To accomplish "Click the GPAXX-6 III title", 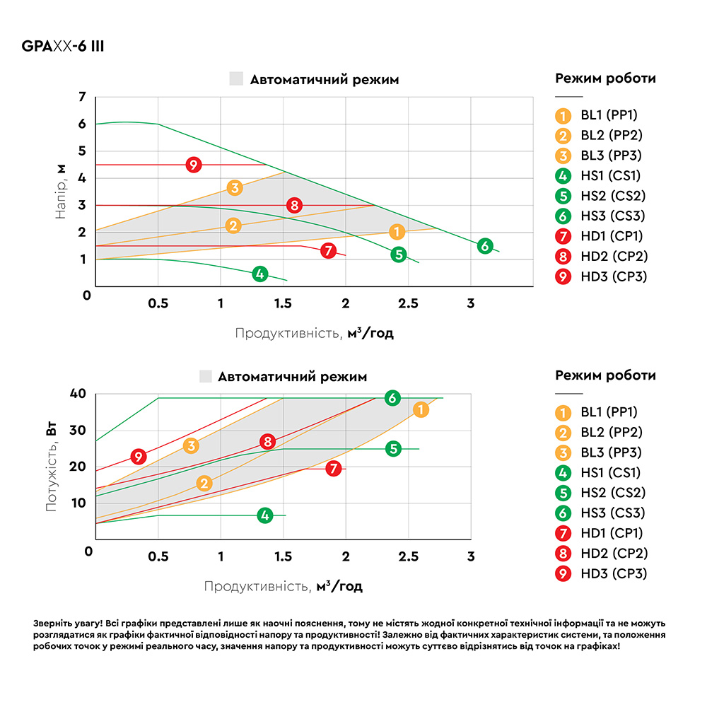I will pyautogui.click(x=64, y=47).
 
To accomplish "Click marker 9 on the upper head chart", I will pyautogui.click(x=194, y=165).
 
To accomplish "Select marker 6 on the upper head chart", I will pyautogui.click(x=484, y=246).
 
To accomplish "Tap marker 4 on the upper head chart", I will pyautogui.click(x=260, y=274).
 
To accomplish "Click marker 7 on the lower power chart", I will pyautogui.click(x=334, y=468).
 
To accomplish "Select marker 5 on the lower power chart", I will pyautogui.click(x=394, y=448).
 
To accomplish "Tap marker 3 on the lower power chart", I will pyautogui.click(x=191, y=446).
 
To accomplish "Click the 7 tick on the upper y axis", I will pyautogui.click(x=83, y=97).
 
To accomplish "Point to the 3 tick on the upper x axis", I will pyautogui.click(x=471, y=303).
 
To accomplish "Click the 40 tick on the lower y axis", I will pyautogui.click(x=78, y=394).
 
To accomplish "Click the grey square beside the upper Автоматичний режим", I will pyautogui.click(x=236, y=79).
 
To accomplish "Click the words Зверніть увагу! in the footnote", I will pyautogui.click(x=67, y=624).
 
